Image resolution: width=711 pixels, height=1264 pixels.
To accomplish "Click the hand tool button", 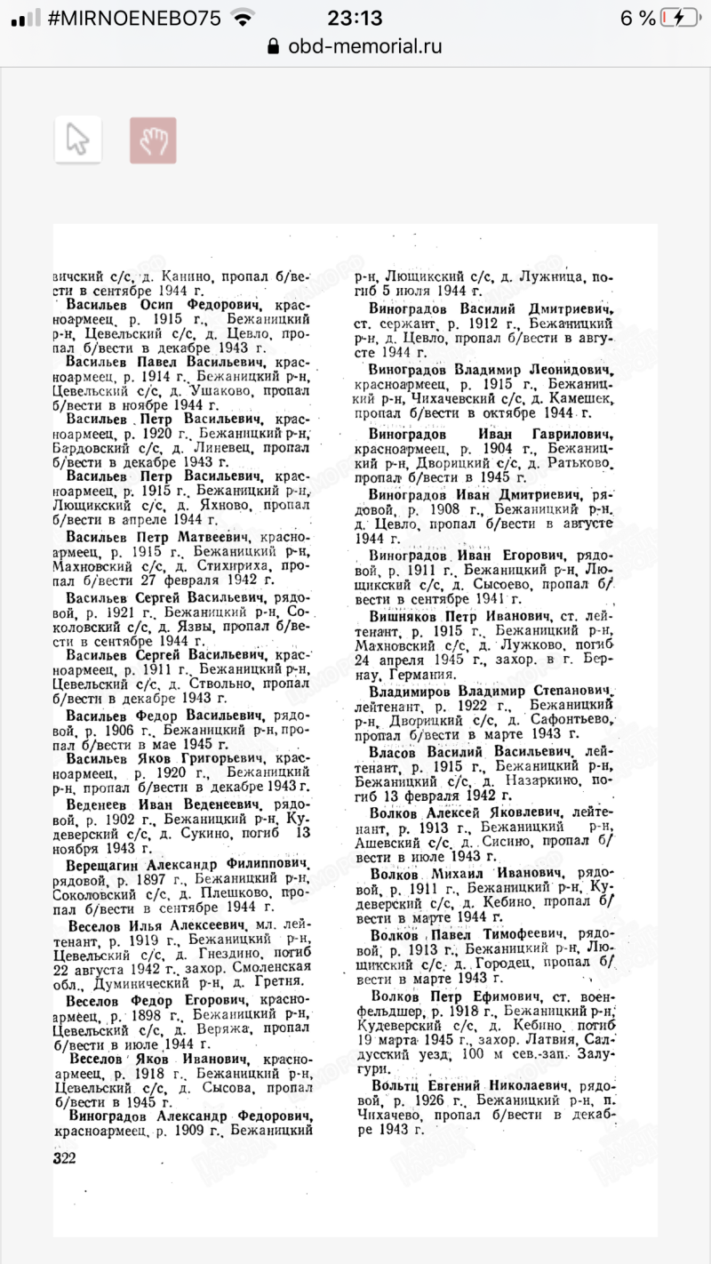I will [153, 140].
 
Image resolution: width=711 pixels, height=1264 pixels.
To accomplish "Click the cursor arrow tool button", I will [78, 140].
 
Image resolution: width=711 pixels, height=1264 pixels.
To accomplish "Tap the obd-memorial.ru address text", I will [364, 46].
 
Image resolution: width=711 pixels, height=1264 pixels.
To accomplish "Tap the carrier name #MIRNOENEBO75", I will [134, 18].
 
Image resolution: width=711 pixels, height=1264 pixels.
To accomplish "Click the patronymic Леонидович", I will [561, 368].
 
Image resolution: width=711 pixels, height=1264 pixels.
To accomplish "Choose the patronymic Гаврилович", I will [568, 434].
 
